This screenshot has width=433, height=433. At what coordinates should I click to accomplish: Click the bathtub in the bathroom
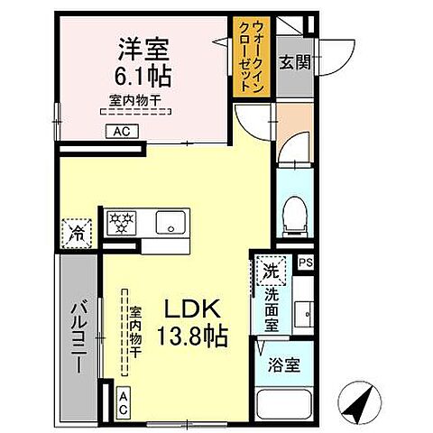[x=282, y=407]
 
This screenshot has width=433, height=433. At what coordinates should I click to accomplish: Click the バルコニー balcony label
[x=79, y=338]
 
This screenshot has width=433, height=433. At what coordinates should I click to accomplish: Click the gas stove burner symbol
[x=120, y=222]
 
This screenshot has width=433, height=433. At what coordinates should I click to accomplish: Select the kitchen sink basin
[x=169, y=223]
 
